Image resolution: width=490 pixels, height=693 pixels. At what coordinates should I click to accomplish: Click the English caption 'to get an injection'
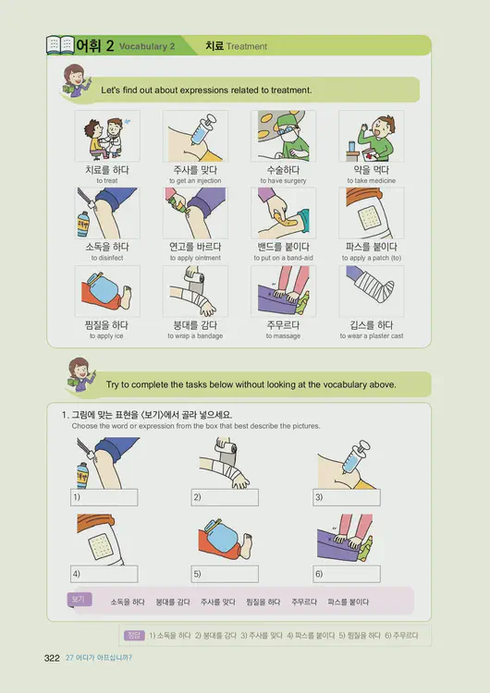point(195,181)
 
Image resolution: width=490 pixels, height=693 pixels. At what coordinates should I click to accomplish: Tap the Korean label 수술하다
point(283,170)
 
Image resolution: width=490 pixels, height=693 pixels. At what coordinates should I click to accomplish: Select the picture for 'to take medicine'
point(371,136)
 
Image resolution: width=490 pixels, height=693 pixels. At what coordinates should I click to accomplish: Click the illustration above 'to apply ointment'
point(195,213)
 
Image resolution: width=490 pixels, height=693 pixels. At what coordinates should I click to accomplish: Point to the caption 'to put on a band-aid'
point(283,259)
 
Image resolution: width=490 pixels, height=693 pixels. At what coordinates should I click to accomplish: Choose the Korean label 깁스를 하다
point(371,325)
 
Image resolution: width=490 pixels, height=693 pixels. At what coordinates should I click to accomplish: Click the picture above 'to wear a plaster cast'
point(371,291)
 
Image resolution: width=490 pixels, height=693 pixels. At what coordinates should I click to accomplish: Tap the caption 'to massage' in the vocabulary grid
point(283,336)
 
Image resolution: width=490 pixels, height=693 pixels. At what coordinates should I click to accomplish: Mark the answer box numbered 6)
point(348,574)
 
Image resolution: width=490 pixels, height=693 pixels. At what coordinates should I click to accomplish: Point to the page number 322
point(52,658)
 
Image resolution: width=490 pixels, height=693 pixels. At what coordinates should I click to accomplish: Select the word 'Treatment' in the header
point(247,46)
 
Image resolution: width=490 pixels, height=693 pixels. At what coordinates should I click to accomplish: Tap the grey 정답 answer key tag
point(135,636)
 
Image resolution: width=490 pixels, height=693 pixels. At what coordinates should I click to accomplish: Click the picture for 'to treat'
point(107,136)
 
